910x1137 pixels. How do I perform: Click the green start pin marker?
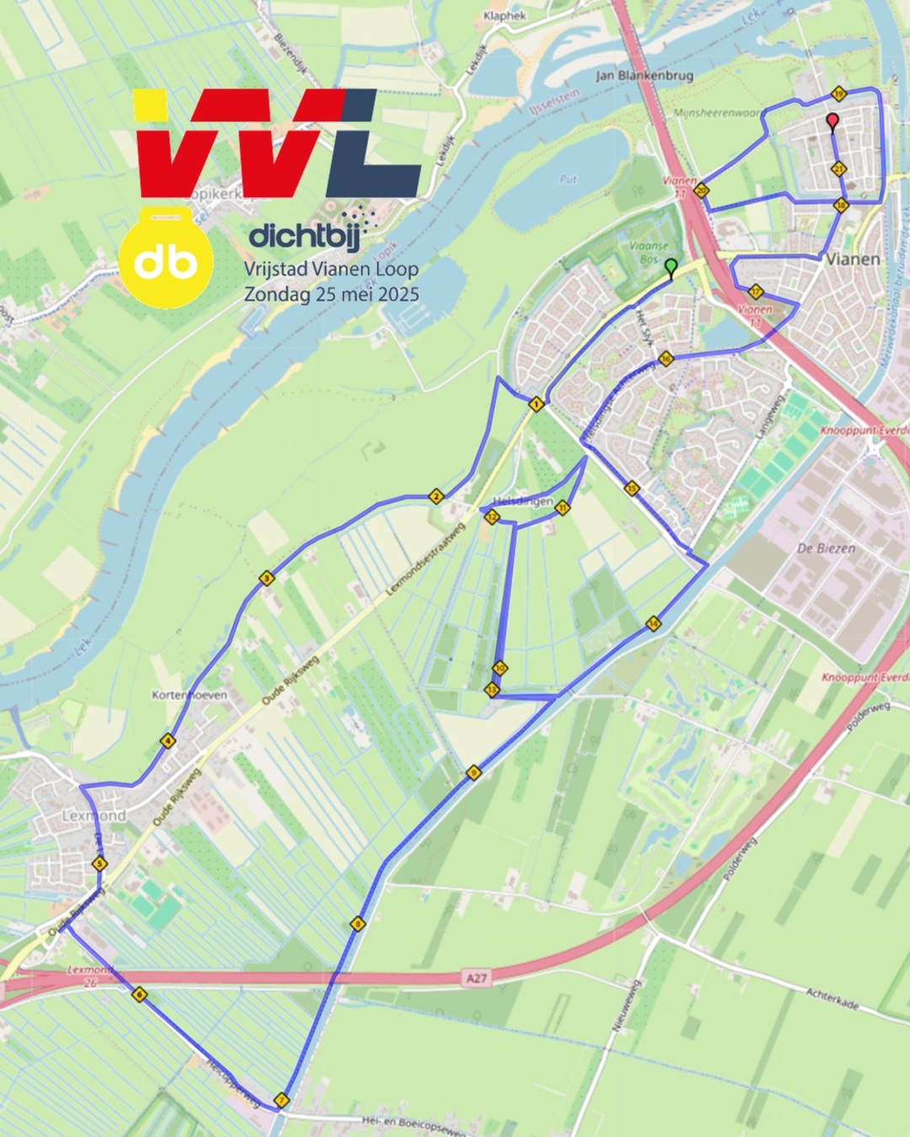(671, 268)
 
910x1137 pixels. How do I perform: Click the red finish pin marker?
(832, 122)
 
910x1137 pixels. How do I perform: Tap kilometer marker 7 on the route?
(281, 1100)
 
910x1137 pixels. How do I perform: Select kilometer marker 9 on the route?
(474, 772)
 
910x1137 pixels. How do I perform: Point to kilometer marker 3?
(266, 578)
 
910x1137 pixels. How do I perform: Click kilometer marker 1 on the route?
(536, 404)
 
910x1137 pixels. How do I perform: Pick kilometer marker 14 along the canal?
(653, 624)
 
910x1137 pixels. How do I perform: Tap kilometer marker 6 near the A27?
(139, 995)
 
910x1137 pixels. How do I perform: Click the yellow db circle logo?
(166, 262)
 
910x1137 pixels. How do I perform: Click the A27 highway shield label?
(477, 978)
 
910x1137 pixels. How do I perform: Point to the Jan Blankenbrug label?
(645, 76)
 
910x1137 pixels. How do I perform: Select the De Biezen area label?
(826, 548)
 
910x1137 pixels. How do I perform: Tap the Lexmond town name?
(94, 816)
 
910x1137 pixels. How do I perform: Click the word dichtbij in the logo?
(304, 236)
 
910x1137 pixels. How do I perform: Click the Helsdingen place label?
(522, 501)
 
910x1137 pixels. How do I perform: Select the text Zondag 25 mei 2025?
(331, 295)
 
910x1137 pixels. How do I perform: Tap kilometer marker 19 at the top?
(838, 93)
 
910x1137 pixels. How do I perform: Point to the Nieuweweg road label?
(625, 1004)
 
